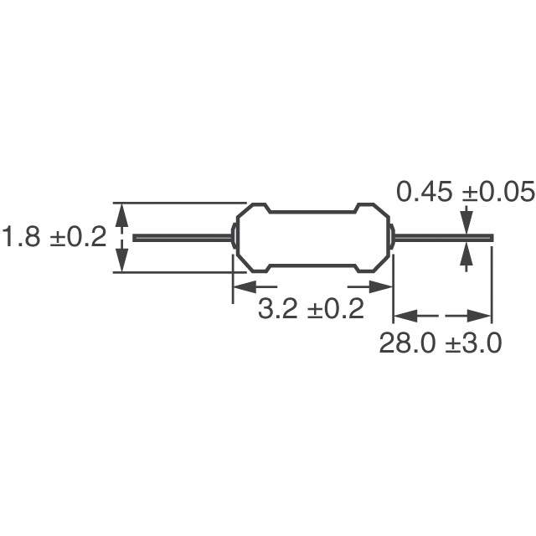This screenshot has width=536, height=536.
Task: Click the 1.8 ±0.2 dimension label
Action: pos(54,238)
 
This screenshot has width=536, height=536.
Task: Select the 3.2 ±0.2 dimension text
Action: pos(311,309)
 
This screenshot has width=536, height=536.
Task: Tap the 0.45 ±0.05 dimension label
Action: pos(466,192)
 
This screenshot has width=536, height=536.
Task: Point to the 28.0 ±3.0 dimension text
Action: pos(441,343)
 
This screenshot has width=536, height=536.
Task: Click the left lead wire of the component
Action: pos(182,238)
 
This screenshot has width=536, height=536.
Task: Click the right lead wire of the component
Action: pos(444,238)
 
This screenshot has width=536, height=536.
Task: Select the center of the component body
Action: pos(313,238)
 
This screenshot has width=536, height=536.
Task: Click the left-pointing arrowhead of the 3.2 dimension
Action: pos(245,286)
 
